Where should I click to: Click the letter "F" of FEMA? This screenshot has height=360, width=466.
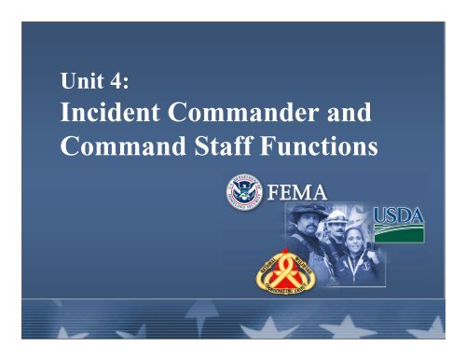tap(273, 198)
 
